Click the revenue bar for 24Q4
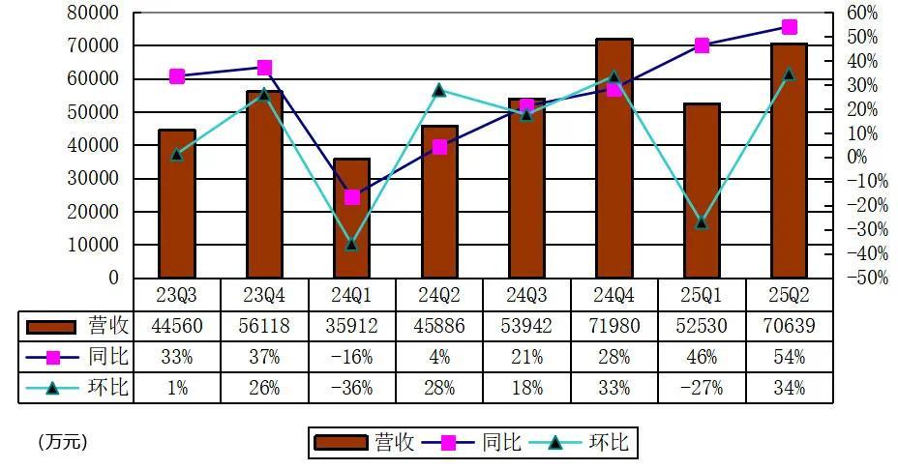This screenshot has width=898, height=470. (x=614, y=160)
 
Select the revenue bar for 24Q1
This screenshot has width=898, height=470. (x=352, y=219)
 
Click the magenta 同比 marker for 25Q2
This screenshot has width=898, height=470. (x=790, y=27)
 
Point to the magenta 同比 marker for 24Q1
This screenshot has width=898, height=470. (x=352, y=197)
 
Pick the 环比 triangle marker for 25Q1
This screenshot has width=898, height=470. (x=702, y=223)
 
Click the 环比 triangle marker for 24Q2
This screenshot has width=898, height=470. (x=439, y=90)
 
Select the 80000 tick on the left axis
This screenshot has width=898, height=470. (x=92, y=14)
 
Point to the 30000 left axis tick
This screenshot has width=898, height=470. (x=92, y=179)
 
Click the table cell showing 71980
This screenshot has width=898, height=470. (x=614, y=326)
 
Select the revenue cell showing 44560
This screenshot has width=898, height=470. (x=177, y=326)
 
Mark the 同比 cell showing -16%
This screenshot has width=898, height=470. (x=352, y=357)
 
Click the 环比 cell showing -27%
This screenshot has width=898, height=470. (x=702, y=388)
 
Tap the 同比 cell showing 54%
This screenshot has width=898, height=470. (x=790, y=357)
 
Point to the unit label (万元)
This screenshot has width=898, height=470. (x=63, y=442)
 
